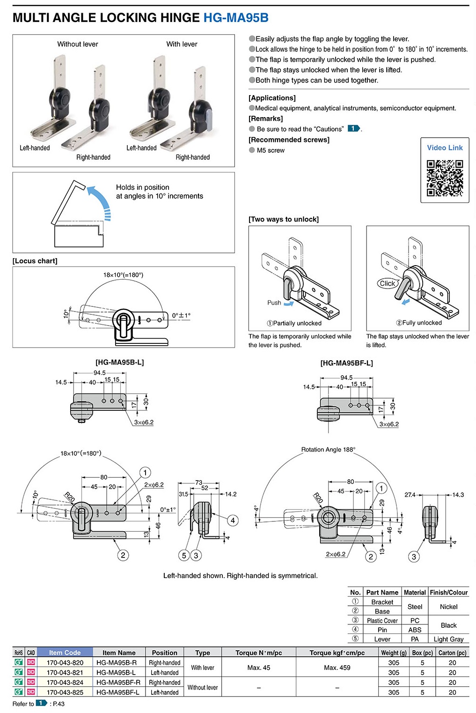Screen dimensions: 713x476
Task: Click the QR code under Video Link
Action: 444,178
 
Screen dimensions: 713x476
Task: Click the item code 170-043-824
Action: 65,682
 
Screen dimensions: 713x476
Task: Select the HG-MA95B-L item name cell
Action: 116,672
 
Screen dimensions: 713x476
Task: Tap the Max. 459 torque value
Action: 337,668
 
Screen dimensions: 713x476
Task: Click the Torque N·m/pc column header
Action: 258,653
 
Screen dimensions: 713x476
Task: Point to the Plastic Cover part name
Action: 382,621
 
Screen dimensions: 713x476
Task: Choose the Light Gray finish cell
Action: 448,639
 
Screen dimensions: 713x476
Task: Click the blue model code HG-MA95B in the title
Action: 236,18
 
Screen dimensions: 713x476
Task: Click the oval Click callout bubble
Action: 388,283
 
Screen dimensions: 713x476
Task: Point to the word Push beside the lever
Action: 274,303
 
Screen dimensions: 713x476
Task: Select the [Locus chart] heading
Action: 35,261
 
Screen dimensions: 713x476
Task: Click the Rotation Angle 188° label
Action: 328,449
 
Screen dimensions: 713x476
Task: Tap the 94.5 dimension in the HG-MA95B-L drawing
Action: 99,373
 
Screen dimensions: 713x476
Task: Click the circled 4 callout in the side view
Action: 233,520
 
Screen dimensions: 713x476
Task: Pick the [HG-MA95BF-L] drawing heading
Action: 346,363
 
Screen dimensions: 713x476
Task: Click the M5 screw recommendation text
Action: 271,150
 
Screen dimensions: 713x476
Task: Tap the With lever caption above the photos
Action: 182,44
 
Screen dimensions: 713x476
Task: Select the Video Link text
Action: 445,148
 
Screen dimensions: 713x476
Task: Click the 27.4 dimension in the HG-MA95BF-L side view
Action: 410,495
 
